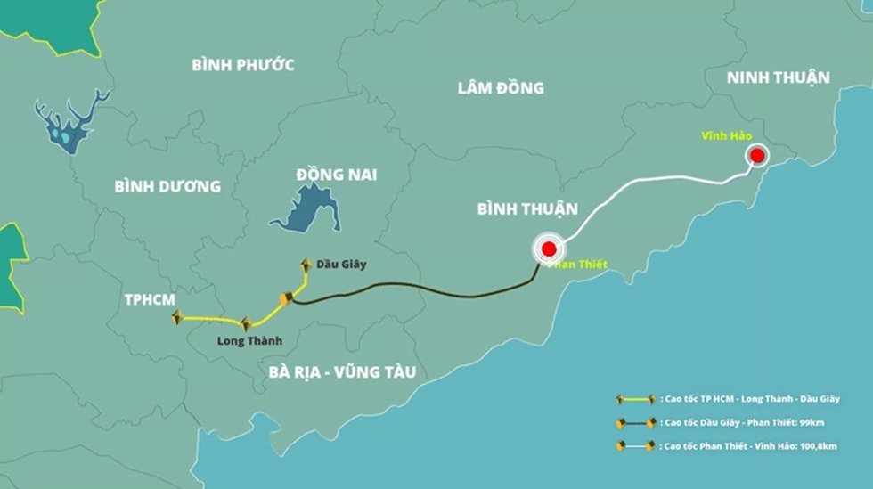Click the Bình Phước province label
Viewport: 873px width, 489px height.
click(243, 64)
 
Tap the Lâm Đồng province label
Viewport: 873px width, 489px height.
click(501, 87)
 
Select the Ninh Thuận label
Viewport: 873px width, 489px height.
click(778, 77)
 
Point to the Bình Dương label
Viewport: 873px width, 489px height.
click(167, 186)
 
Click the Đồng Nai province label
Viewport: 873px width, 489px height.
click(336, 174)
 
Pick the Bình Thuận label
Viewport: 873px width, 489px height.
click(527, 209)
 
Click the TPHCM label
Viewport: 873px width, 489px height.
click(151, 299)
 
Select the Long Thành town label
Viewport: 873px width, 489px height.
click(249, 340)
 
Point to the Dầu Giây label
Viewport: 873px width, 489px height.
click(339, 264)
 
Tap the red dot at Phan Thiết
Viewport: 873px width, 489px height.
click(548, 249)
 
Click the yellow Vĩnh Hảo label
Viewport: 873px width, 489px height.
click(726, 135)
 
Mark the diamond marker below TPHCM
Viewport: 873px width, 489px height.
click(176, 317)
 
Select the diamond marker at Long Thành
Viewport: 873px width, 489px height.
click(245, 324)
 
